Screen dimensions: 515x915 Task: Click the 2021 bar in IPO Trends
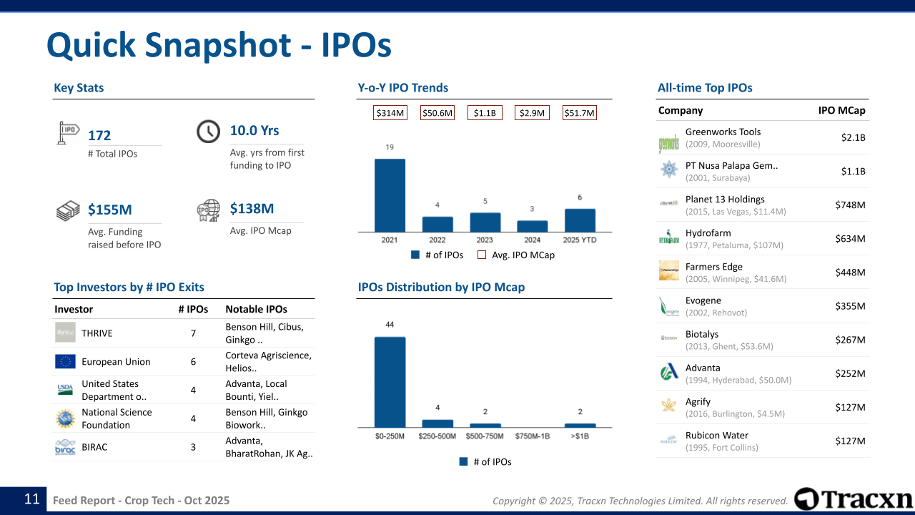(x=390, y=195)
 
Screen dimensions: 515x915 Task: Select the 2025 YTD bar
(x=580, y=220)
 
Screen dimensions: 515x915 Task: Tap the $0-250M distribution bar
(x=390, y=382)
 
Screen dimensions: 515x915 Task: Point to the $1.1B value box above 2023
(x=485, y=113)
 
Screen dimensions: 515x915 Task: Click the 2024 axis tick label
(x=532, y=240)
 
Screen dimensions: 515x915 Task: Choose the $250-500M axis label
(x=437, y=436)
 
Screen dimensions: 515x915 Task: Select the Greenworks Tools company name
(x=723, y=132)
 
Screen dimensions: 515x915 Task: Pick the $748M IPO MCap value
(x=850, y=205)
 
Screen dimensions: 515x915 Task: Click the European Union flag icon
(x=65, y=362)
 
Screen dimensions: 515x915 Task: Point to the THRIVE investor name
(x=97, y=333)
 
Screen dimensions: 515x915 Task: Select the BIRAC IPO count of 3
(x=193, y=447)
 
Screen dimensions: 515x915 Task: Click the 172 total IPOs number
(x=99, y=135)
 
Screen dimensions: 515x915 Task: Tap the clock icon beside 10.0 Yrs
(x=208, y=132)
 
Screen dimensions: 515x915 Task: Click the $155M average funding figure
(x=110, y=210)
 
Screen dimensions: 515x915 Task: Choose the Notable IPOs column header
(x=256, y=309)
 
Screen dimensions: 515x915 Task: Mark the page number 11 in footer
(x=32, y=499)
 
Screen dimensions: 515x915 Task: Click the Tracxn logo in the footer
(x=854, y=499)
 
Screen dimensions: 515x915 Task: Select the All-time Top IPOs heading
(x=705, y=88)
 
